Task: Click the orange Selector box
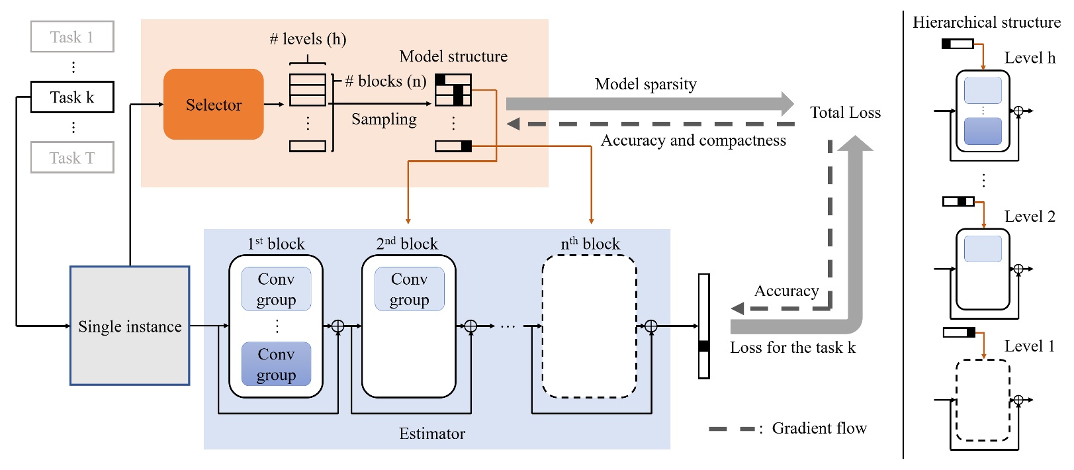[x=213, y=104]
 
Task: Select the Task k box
[x=72, y=97]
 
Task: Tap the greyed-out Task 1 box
[x=72, y=37]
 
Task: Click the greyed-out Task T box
[x=72, y=158]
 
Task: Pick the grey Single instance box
[x=130, y=326]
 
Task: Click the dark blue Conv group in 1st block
[x=276, y=364]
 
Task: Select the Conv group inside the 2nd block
[x=409, y=289]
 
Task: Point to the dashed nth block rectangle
[x=589, y=326]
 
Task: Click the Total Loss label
[x=845, y=113]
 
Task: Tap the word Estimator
[x=431, y=434]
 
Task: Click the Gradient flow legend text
[x=819, y=428]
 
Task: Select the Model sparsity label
[x=645, y=84]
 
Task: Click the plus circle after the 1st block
[x=337, y=326]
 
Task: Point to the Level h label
[x=1029, y=58]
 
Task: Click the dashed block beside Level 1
[x=983, y=400]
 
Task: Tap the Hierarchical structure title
[x=986, y=23]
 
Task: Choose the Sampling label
[x=384, y=119]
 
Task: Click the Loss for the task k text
[x=792, y=348]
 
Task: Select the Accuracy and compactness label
[x=693, y=140]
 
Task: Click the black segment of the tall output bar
[x=703, y=346]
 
